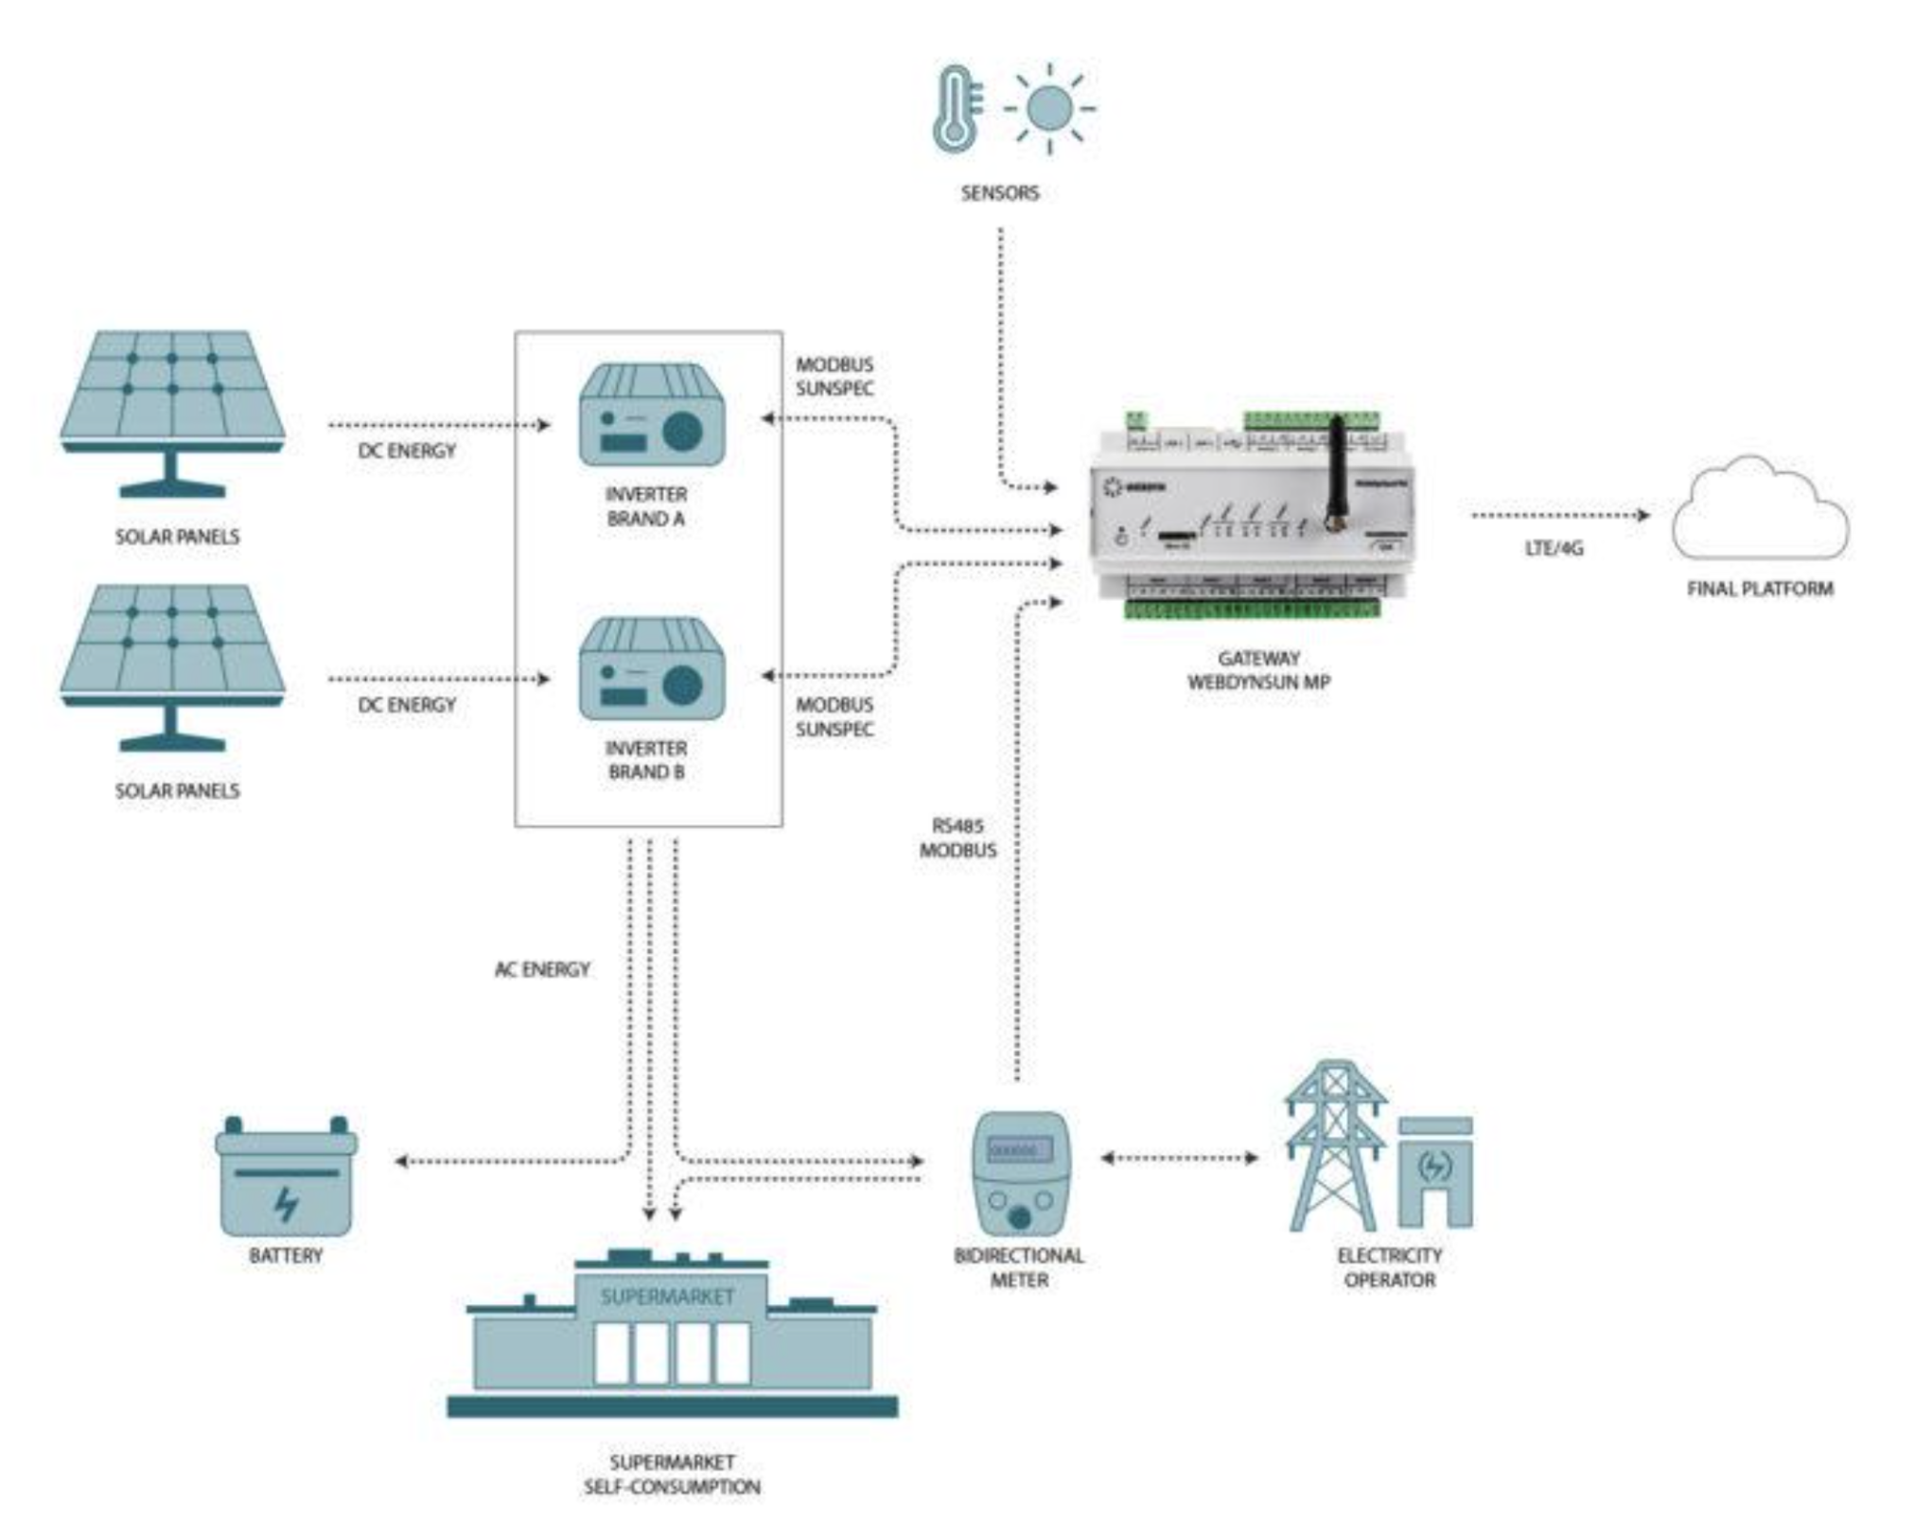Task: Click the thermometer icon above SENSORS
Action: pyautogui.click(x=956, y=110)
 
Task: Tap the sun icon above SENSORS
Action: pyautogui.click(x=1049, y=108)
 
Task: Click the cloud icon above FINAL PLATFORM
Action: pyautogui.click(x=1759, y=510)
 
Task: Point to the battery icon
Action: pyautogui.click(x=286, y=1178)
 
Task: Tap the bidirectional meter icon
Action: pyautogui.click(x=1020, y=1173)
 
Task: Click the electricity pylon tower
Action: pyautogui.click(x=1334, y=1145)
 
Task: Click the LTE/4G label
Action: pyautogui.click(x=1554, y=548)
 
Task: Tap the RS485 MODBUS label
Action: pyautogui.click(x=957, y=838)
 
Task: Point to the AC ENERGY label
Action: pyautogui.click(x=542, y=969)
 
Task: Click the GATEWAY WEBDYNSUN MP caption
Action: pyautogui.click(x=1258, y=669)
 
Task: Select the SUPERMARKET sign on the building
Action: pyautogui.click(x=667, y=1296)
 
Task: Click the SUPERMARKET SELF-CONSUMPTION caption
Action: pyautogui.click(x=672, y=1474)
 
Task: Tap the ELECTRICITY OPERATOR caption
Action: pyautogui.click(x=1389, y=1267)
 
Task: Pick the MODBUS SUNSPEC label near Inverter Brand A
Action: pyautogui.click(x=834, y=376)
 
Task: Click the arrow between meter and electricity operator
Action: pyautogui.click(x=1179, y=1158)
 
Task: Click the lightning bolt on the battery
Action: pyautogui.click(x=285, y=1204)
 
